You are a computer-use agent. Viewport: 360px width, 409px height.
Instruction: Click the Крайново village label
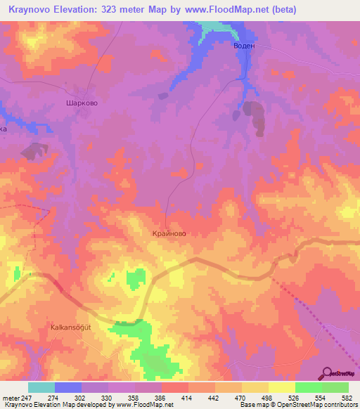pyautogui.click(x=169, y=233)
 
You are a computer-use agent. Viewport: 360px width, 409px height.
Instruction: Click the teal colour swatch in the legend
pyautogui.click(x=41, y=387)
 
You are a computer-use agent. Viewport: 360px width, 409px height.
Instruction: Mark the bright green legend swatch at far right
pyautogui.click(x=335, y=387)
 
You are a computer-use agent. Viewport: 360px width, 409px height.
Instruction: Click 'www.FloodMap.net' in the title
pyautogui.click(x=217, y=10)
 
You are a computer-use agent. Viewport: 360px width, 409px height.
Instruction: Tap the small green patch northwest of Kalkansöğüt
pyautogui.click(x=134, y=280)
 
